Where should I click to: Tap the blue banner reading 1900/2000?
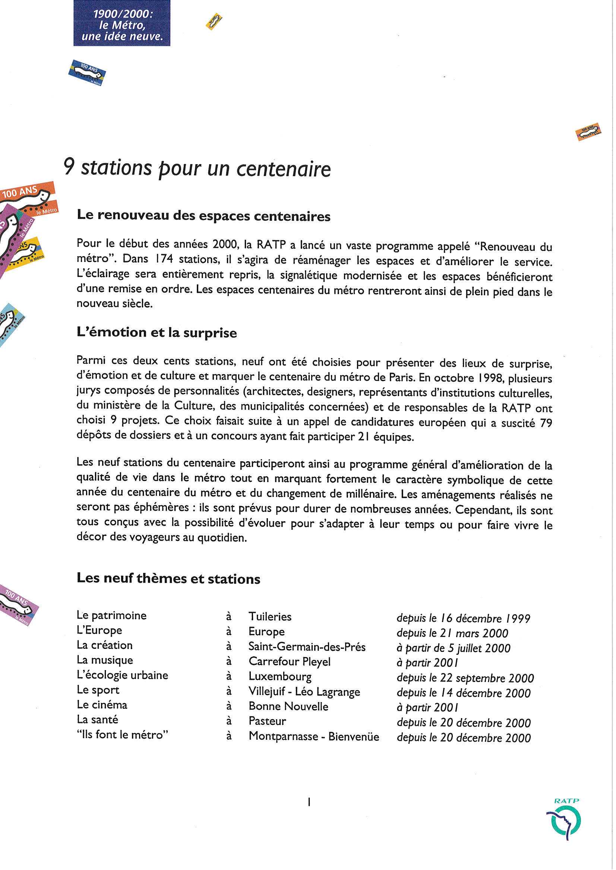(122, 23)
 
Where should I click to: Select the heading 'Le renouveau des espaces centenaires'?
(204, 216)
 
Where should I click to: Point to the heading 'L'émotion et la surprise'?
(157, 332)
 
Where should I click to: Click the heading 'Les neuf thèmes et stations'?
(168, 579)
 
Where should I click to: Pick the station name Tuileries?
(270, 616)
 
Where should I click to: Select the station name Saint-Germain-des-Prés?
(307, 646)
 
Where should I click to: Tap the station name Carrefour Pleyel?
(290, 662)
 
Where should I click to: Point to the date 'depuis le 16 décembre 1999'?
(463, 618)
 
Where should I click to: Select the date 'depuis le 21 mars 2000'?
(452, 633)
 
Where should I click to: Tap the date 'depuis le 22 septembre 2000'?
(465, 678)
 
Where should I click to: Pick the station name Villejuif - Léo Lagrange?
(304, 692)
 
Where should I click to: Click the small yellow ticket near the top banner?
(214, 22)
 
